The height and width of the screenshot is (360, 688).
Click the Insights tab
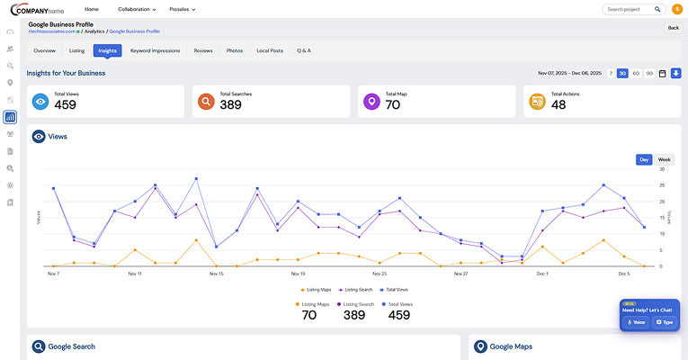(x=107, y=50)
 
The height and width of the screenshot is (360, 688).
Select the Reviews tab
(x=203, y=50)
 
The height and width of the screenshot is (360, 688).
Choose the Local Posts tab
(x=270, y=50)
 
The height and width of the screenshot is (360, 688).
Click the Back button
(x=673, y=28)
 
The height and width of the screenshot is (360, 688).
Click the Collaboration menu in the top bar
(x=137, y=9)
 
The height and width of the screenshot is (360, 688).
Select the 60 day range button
(x=636, y=73)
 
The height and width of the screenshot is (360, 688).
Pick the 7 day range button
(x=611, y=73)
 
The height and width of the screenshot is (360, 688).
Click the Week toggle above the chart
(x=664, y=159)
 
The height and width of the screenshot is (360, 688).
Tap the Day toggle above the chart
(x=644, y=159)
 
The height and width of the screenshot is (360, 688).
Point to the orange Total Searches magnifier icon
(x=206, y=102)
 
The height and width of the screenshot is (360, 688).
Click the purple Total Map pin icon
(x=371, y=102)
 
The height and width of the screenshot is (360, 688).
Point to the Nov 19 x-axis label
(x=298, y=273)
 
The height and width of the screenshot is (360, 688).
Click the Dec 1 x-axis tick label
(x=542, y=273)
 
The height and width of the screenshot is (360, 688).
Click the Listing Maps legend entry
(x=318, y=290)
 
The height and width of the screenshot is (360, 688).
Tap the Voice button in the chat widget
(x=636, y=321)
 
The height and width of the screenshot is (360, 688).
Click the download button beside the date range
(x=675, y=73)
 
